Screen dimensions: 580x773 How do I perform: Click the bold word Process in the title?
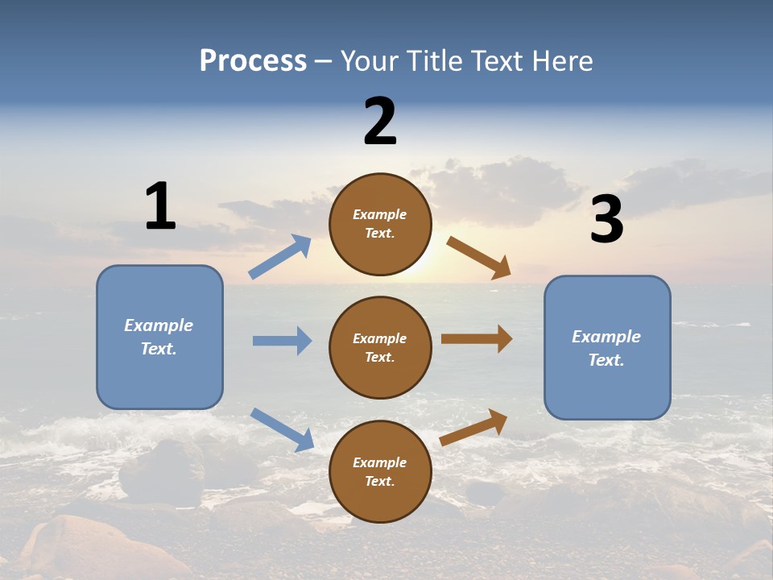tap(253, 61)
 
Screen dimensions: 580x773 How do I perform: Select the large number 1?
tap(160, 206)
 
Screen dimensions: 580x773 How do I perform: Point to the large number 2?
tap(380, 121)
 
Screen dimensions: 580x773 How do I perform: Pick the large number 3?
tap(607, 219)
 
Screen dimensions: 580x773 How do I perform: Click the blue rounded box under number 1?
tap(159, 337)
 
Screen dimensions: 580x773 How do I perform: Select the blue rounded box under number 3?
tap(607, 347)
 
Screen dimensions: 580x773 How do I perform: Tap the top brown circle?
tap(380, 224)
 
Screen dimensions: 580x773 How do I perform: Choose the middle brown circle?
tap(380, 347)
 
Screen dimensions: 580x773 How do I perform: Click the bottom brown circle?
tap(380, 471)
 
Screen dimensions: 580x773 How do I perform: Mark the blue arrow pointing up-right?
tap(280, 256)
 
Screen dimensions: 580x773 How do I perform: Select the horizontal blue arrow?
tap(282, 341)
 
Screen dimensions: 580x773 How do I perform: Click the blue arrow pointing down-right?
tap(282, 429)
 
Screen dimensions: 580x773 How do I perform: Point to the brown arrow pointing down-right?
tap(479, 258)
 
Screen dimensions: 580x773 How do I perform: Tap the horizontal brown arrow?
tap(477, 339)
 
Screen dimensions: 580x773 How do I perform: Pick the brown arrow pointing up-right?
tap(473, 428)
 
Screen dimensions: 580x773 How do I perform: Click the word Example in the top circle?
tap(380, 214)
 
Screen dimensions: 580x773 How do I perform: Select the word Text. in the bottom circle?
tap(380, 481)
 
